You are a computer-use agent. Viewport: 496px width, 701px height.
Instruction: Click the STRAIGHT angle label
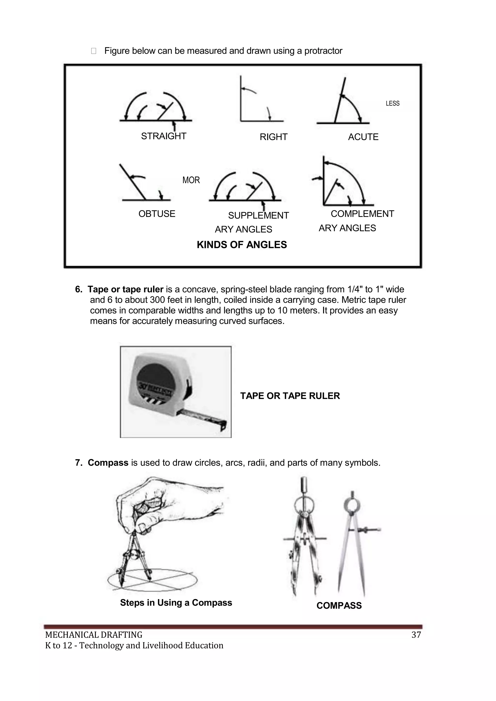pos(163,136)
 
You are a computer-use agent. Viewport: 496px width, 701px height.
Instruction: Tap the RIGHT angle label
pos(273,137)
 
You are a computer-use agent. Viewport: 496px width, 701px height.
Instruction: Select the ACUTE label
pos(363,137)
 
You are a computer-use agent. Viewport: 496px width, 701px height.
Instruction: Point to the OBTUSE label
pos(157,214)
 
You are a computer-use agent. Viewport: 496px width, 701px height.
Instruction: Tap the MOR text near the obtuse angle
pos(191,180)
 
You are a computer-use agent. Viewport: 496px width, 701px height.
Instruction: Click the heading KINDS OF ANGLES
pos(242,245)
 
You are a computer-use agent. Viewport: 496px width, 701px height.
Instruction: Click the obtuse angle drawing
pos(144,185)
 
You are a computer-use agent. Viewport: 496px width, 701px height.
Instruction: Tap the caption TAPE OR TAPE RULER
pos(290,396)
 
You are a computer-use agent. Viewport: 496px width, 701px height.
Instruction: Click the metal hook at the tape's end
pos(224,425)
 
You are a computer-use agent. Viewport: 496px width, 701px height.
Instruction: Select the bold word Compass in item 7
pos(108,463)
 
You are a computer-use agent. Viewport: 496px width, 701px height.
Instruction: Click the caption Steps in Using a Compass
pos(176,603)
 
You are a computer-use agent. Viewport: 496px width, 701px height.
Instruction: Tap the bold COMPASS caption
pos(339,605)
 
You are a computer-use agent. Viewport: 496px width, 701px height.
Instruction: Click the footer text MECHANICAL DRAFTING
pos(93,635)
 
